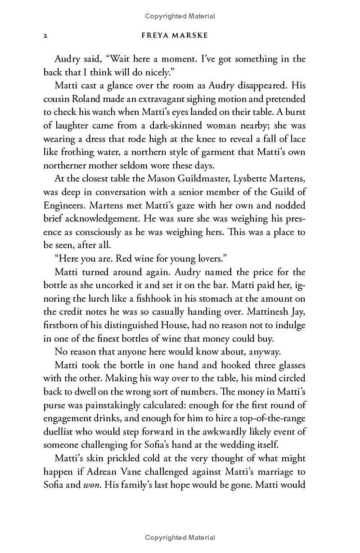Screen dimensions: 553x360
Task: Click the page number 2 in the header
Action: [45, 36]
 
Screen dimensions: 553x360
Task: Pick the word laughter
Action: [75, 126]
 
